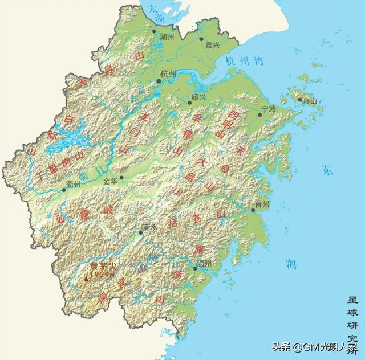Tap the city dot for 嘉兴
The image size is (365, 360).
[x=201, y=40]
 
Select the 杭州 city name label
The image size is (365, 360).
[x=169, y=73]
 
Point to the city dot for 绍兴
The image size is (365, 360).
[x=190, y=103]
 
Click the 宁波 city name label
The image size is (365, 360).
[x=268, y=108]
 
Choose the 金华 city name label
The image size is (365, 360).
[x=112, y=180]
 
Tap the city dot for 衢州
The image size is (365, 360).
[x=64, y=190]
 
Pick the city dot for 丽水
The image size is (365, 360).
[x=141, y=232]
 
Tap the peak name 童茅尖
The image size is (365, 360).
[x=103, y=266]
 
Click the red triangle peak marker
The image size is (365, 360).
[x=86, y=279]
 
